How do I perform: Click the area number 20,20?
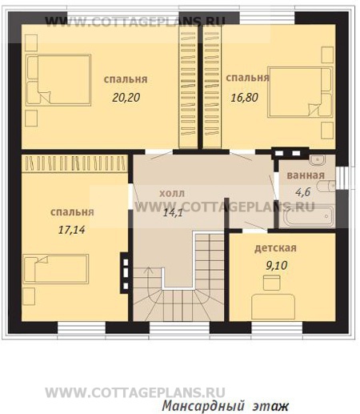(126, 98)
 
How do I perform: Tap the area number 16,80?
(244, 98)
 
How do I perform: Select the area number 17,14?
(72, 230)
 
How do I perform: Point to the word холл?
(172, 193)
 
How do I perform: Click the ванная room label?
(306, 175)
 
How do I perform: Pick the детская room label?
(275, 248)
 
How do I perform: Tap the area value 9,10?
(277, 265)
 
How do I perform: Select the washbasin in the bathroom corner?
(318, 159)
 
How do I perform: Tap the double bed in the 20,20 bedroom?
(58, 79)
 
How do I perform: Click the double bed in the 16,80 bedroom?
(300, 92)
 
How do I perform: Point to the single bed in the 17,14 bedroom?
(56, 269)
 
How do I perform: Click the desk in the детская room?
(274, 307)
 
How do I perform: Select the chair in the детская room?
(272, 283)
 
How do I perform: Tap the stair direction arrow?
(149, 272)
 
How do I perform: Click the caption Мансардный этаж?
(225, 406)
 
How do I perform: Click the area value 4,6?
(303, 191)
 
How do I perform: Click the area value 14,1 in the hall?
(173, 212)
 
